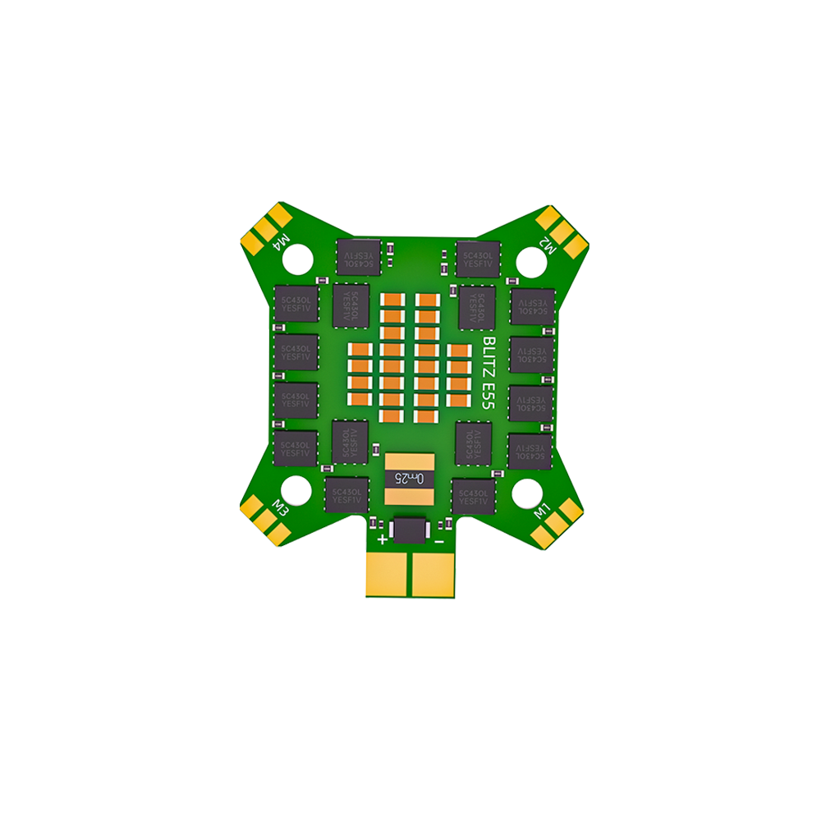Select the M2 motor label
(x=548, y=244)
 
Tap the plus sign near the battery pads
(x=382, y=540)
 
